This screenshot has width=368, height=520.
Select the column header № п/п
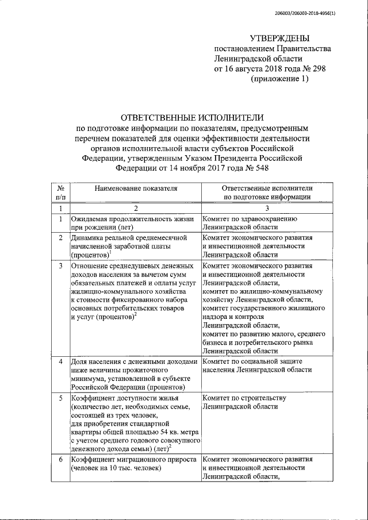click(60, 192)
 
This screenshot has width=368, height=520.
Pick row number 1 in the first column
click(60, 219)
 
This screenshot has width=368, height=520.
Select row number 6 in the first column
click(60, 460)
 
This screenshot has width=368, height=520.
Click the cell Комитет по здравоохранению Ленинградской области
click(249, 223)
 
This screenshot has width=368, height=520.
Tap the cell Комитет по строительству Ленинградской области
click(244, 402)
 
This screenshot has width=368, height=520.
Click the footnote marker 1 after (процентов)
click(109, 251)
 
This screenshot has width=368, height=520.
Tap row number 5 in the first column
click(60, 398)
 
